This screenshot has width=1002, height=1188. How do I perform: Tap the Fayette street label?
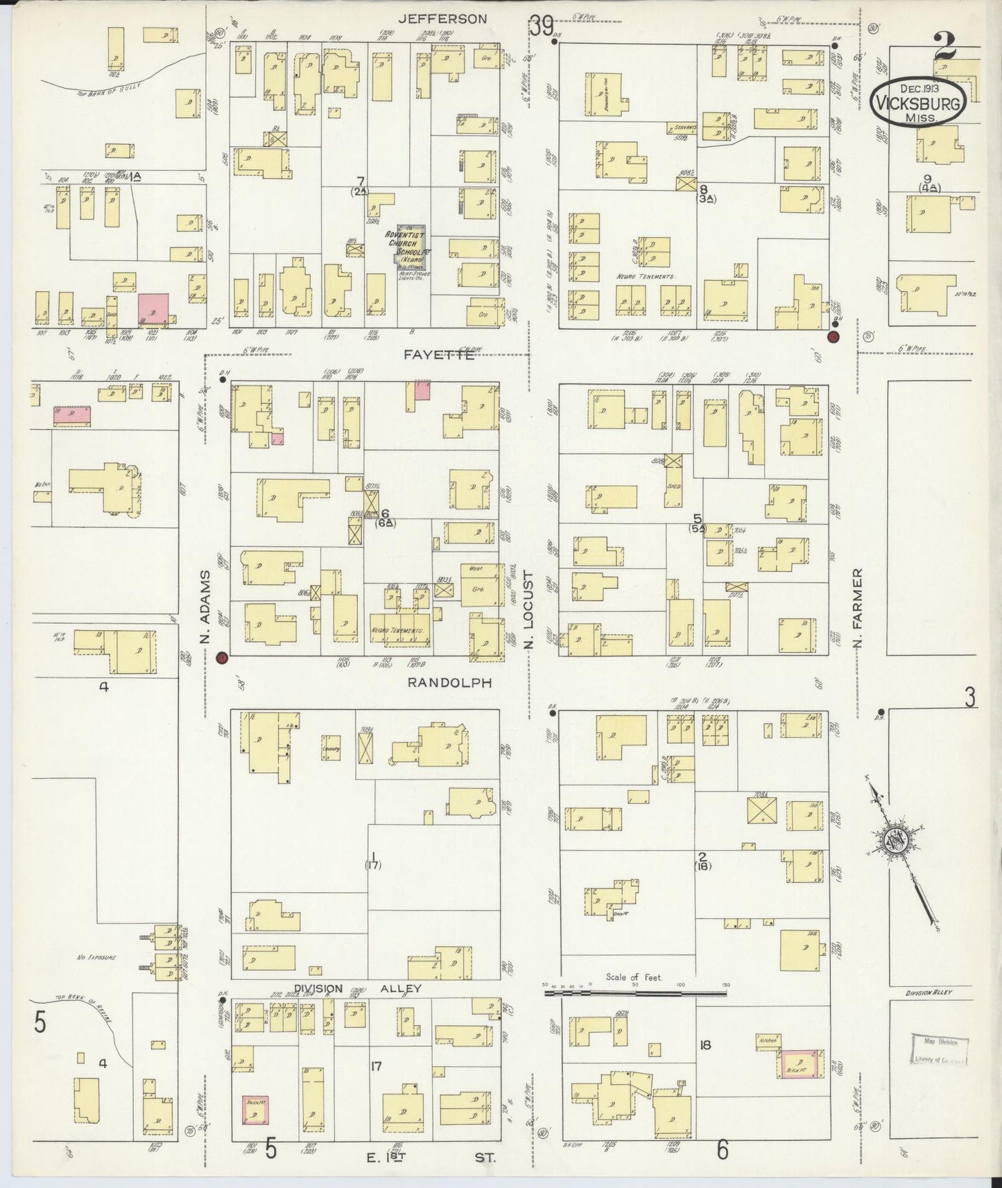[x=440, y=354]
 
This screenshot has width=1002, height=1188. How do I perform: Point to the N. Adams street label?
[x=205, y=607]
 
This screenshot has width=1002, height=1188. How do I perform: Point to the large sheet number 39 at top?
[x=542, y=26]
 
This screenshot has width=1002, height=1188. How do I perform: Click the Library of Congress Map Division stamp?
[x=940, y=1049]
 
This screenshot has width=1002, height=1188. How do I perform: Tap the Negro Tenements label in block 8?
[x=645, y=277]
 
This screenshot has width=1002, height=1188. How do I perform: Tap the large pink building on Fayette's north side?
[x=153, y=308]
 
